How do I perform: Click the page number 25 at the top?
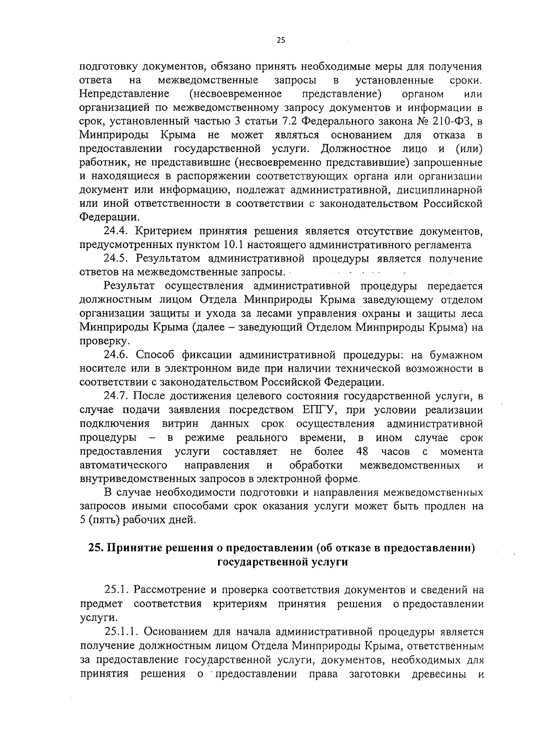tap(280, 40)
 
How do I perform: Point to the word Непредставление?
tap(124, 94)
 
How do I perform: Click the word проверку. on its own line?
tap(99, 341)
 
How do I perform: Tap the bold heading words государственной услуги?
tap(282, 562)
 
